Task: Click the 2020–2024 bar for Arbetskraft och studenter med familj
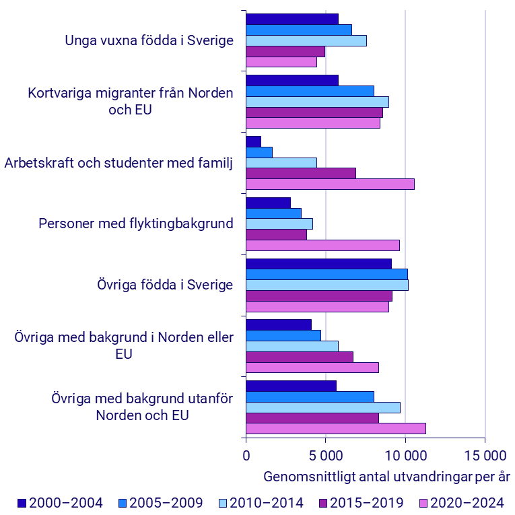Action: (x=330, y=184)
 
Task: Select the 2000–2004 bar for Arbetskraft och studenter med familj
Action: (x=253, y=141)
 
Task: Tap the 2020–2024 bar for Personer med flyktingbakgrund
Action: (x=322, y=245)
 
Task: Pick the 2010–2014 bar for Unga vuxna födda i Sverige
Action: (x=306, y=40)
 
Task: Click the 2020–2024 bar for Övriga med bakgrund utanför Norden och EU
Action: (x=335, y=428)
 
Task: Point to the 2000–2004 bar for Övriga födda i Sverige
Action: (x=318, y=263)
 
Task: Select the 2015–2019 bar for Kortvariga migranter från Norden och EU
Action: (x=314, y=112)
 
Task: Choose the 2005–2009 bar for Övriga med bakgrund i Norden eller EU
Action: (x=283, y=335)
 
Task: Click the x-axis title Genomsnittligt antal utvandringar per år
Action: (x=386, y=477)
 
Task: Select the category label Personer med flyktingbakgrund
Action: (x=136, y=224)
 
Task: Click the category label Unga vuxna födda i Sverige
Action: (x=149, y=40)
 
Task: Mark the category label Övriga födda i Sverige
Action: (x=165, y=284)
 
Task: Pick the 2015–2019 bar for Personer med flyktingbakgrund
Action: (x=276, y=234)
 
